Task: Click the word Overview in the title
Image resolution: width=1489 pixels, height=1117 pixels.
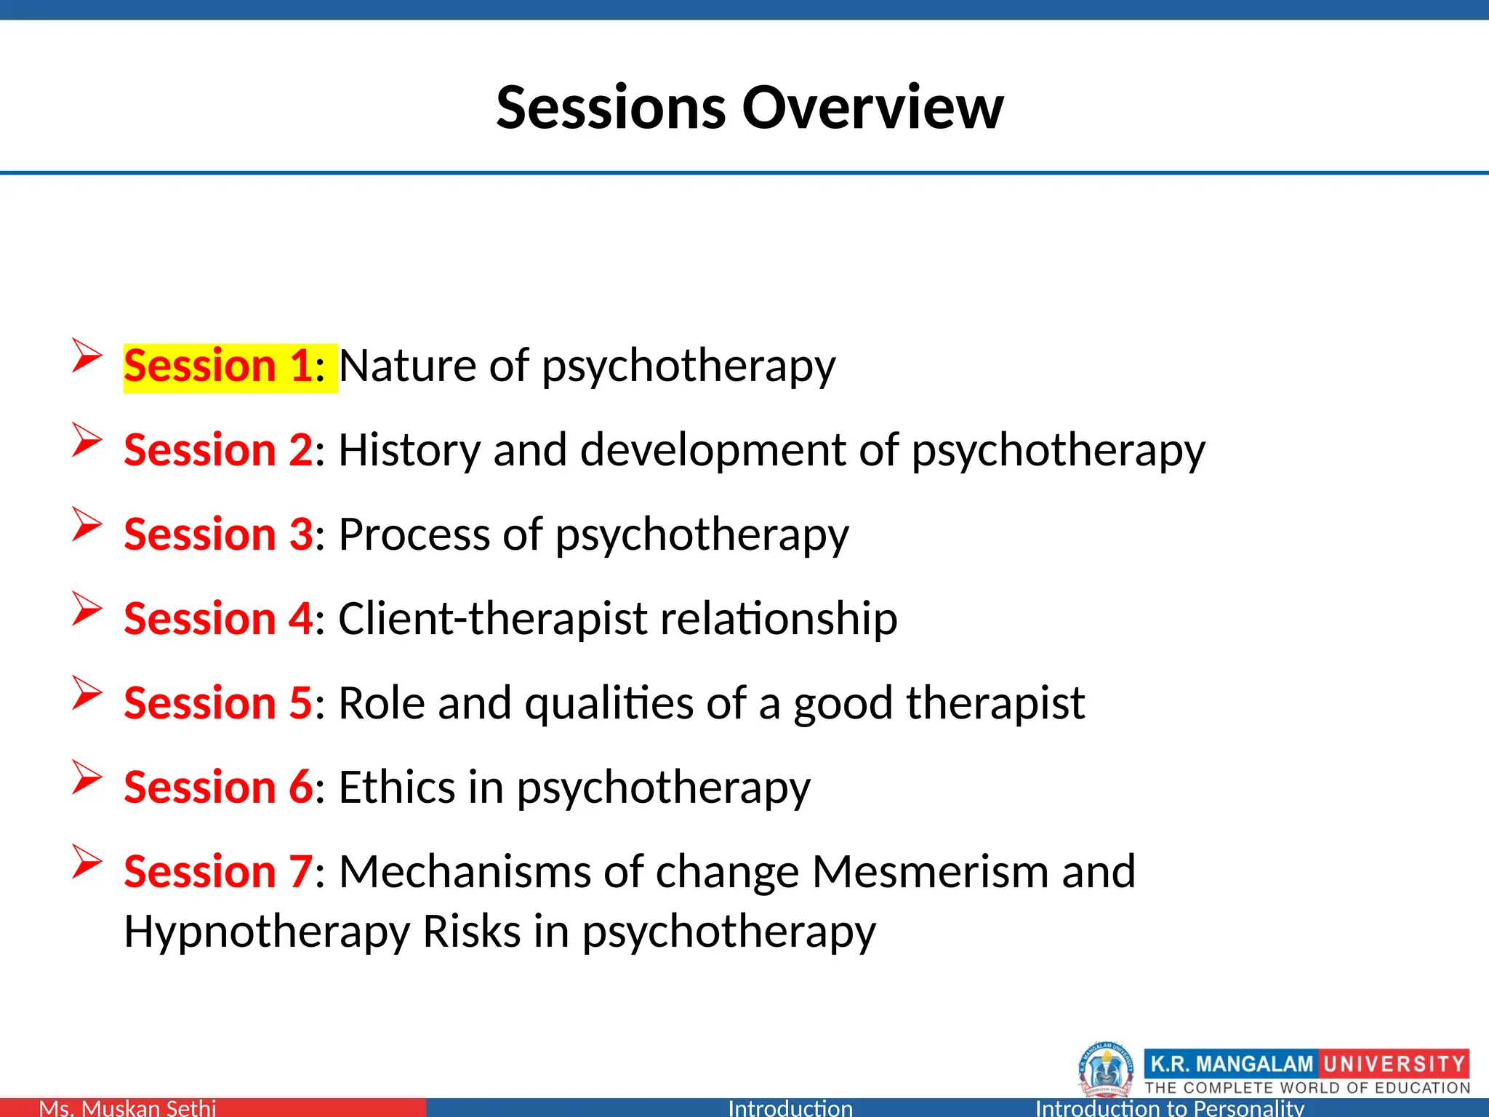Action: (x=872, y=108)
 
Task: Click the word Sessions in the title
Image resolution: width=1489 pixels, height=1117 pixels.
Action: (x=611, y=108)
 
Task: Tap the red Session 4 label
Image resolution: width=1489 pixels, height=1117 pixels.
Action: (x=218, y=619)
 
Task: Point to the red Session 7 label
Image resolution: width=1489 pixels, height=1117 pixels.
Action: (x=218, y=872)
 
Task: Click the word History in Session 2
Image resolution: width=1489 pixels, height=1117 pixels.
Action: (x=409, y=450)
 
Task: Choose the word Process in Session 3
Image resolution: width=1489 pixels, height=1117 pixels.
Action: (x=414, y=535)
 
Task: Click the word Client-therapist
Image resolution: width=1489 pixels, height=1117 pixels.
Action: (x=492, y=619)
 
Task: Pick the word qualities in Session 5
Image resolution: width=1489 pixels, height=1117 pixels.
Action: (x=609, y=703)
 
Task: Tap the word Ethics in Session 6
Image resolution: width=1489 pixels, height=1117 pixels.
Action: (x=397, y=788)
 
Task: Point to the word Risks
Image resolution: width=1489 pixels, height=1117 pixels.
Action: (x=471, y=932)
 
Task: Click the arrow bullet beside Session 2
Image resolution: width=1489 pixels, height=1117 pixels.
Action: (x=87, y=441)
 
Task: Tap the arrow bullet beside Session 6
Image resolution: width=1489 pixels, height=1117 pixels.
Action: (x=87, y=778)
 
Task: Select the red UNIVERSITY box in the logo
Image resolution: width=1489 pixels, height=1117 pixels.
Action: (x=1393, y=1064)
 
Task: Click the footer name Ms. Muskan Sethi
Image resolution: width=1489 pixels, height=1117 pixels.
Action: (x=127, y=1108)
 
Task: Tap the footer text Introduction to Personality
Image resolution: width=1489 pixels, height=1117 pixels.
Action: (x=1169, y=1108)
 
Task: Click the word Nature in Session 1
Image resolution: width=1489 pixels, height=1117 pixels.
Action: (x=407, y=366)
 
